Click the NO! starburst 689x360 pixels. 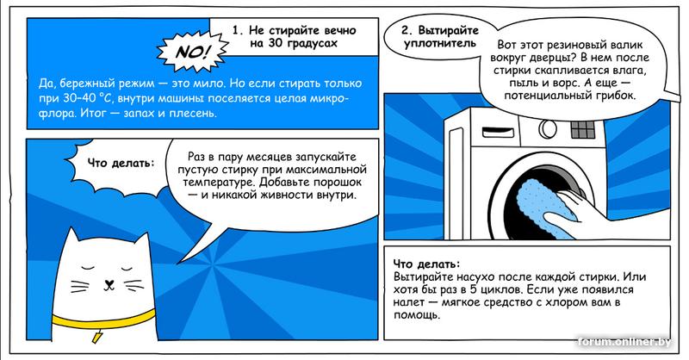192,52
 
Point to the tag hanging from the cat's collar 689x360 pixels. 96,337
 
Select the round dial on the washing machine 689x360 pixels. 548,129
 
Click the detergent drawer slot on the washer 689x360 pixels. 499,132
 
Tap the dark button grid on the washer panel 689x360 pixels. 583,129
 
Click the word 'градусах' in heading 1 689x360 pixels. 312,44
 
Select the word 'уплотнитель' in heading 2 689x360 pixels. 440,44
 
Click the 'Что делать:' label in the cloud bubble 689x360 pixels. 121,163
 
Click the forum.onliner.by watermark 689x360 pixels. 624,342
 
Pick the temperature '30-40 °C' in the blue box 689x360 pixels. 83,98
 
